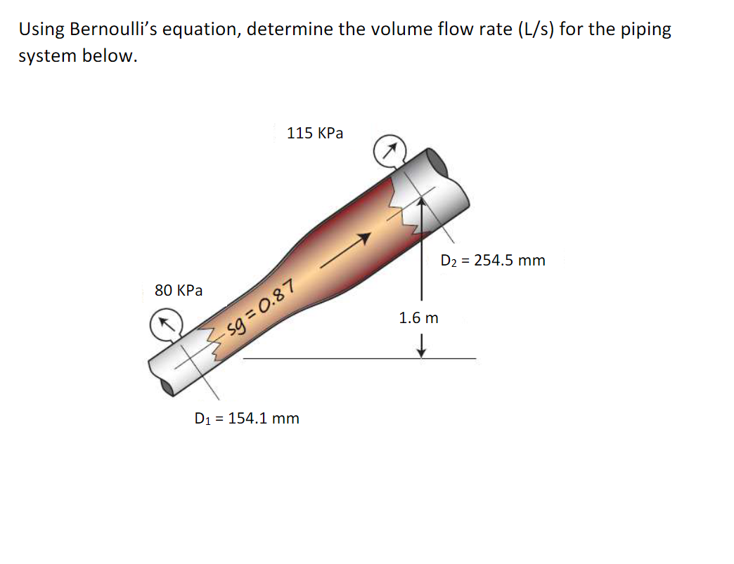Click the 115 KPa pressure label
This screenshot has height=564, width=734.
click(315, 133)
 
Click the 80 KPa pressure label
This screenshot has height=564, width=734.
click(179, 290)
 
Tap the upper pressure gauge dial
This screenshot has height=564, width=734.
click(388, 150)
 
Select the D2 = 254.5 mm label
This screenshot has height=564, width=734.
click(492, 261)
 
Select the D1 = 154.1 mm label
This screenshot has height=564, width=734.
click(247, 419)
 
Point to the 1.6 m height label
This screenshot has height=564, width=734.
click(418, 317)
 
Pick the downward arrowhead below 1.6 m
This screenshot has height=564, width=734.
click(420, 350)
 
